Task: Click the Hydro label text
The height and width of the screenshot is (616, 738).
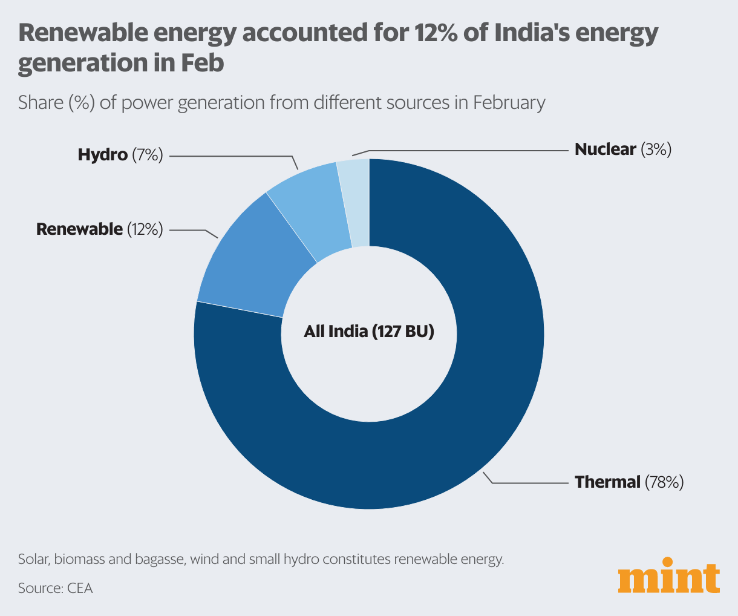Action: (102, 155)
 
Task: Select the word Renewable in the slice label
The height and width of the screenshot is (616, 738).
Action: (79, 229)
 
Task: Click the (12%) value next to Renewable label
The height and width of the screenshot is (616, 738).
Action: (145, 229)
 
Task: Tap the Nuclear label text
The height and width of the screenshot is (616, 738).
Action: (605, 149)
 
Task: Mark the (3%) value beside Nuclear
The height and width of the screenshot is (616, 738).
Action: (656, 149)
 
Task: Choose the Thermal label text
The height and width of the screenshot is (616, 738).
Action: (607, 482)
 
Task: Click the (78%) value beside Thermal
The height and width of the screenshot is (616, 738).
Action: (664, 482)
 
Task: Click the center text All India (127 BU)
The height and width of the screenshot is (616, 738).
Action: (369, 332)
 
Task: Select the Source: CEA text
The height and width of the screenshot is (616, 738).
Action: (56, 588)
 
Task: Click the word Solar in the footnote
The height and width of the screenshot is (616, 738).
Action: (33, 559)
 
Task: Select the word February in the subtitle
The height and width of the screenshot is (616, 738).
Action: (509, 102)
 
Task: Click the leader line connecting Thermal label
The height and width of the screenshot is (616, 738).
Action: (532, 483)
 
